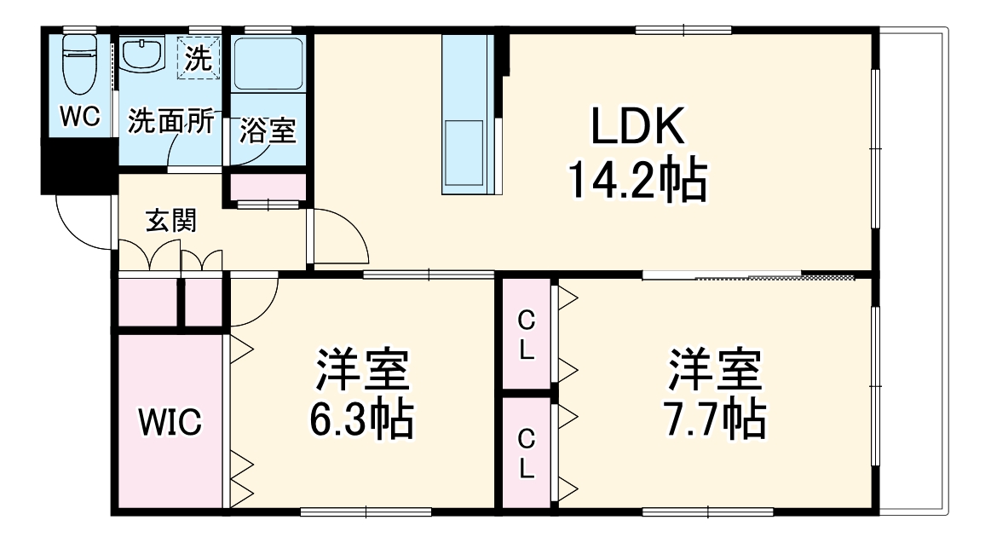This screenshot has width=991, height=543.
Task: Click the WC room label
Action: pyautogui.click(x=79, y=118)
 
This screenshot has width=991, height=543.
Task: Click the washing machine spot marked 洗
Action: pyautogui.click(x=198, y=58)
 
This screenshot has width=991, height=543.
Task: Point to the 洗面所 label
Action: pyautogui.click(x=170, y=121)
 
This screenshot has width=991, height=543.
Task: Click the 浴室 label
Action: pyautogui.click(x=267, y=131)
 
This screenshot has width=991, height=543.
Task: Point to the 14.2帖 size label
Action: pyautogui.click(x=637, y=180)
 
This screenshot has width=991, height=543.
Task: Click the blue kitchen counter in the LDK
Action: pyautogui.click(x=467, y=115)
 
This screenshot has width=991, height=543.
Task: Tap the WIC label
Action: pyautogui.click(x=170, y=421)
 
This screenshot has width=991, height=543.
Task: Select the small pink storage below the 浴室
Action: pyautogui.click(x=268, y=185)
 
